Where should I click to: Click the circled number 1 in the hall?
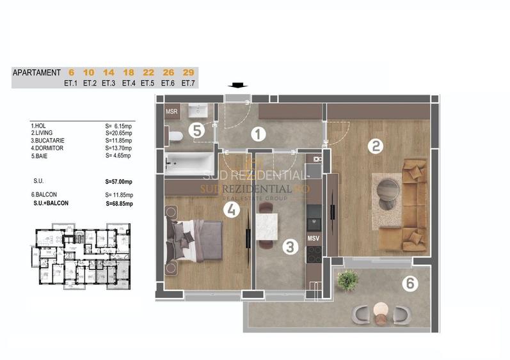point(258,134)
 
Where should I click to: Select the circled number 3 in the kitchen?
point(290,246)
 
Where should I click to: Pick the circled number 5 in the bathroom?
point(197,130)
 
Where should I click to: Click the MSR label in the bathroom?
point(172,112)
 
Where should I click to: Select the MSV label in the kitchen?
point(314,238)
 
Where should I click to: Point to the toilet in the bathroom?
point(175,136)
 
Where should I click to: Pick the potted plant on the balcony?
point(348,279)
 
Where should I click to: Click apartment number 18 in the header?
point(128,73)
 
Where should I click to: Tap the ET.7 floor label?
point(188,83)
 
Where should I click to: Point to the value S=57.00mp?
point(118,182)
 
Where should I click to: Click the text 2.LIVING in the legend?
point(44,133)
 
